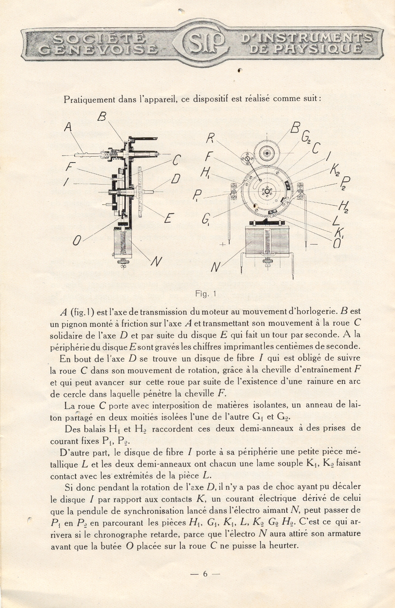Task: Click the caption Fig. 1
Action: point(206,294)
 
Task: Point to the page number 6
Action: point(205,574)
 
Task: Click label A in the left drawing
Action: point(68,127)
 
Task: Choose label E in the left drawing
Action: point(168,218)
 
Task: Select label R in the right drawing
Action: point(210,139)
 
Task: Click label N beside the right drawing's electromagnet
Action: point(215,267)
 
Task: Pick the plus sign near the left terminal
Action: point(223,244)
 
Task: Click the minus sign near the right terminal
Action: point(314,244)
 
